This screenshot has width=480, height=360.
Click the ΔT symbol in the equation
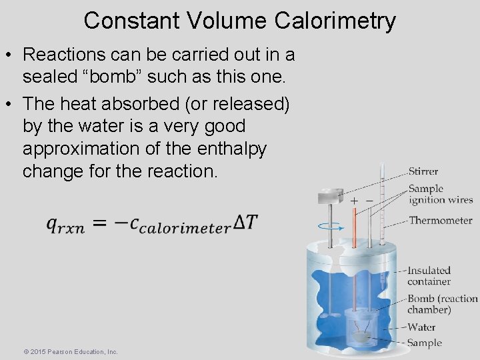(243, 223)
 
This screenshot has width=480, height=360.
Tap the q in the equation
(52, 225)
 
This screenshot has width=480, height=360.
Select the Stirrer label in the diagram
(423, 172)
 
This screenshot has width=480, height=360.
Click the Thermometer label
(440, 221)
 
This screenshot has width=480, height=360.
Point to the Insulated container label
(429, 275)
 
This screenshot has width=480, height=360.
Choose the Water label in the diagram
(421, 327)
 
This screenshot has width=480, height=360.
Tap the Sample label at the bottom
(425, 343)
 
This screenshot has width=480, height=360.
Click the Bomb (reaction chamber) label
(442, 304)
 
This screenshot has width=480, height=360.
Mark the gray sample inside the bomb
(361, 337)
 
